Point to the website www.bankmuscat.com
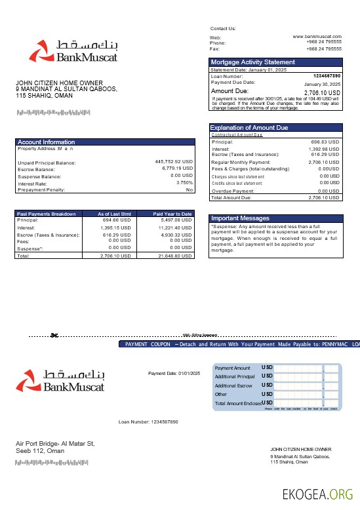[317, 37]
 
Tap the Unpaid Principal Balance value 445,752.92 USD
[174, 161]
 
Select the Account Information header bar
[105, 142]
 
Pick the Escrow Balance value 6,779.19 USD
[177, 168]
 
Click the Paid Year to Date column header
[172, 214]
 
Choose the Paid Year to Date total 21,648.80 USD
[175, 256]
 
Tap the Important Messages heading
[240, 218]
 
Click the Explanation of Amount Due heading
[249, 128]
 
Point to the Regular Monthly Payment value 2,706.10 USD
[323, 162]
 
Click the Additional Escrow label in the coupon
[233, 385]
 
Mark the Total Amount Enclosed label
[238, 403]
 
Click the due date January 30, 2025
[322, 85]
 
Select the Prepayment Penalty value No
[190, 189]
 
